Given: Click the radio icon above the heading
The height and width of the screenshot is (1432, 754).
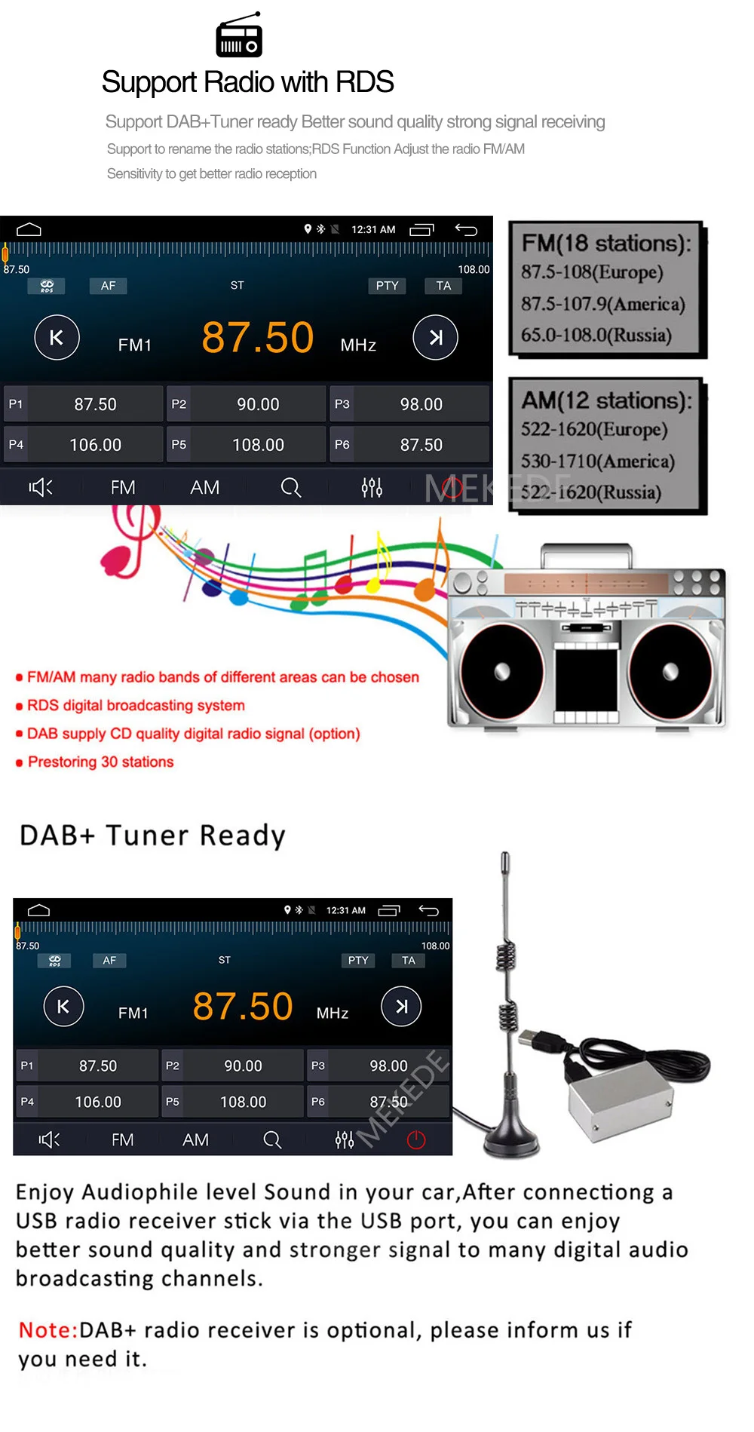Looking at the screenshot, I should [239, 35].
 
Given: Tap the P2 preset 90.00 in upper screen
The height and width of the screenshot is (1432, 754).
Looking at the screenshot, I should [247, 404].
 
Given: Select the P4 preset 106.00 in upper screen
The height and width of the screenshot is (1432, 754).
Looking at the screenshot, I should [83, 445].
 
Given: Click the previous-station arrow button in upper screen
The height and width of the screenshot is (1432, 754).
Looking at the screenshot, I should [57, 338].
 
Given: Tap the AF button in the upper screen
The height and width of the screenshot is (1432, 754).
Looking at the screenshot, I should [109, 286].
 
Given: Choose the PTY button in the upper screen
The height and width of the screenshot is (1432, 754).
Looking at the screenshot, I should [387, 286].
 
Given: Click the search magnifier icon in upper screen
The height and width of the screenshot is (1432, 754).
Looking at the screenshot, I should [290, 488].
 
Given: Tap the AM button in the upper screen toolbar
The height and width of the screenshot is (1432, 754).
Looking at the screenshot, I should [204, 488].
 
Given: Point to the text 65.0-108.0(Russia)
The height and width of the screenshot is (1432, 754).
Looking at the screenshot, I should [596, 335].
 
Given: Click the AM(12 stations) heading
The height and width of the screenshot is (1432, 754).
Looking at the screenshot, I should [605, 400].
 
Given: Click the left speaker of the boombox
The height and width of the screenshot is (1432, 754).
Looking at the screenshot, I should [501, 671].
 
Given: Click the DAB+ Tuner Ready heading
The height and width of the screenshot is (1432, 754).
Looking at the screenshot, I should [152, 836].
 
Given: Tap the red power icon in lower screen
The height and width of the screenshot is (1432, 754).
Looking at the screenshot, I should [416, 1139].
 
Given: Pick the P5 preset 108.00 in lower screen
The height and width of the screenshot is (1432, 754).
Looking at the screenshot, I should [234, 1102].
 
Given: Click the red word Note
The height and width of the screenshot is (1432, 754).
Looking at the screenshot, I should [48, 1329].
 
